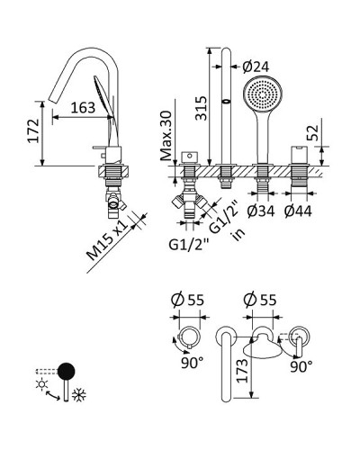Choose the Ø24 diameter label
tap(256, 65)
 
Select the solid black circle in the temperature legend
tap(68, 371)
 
